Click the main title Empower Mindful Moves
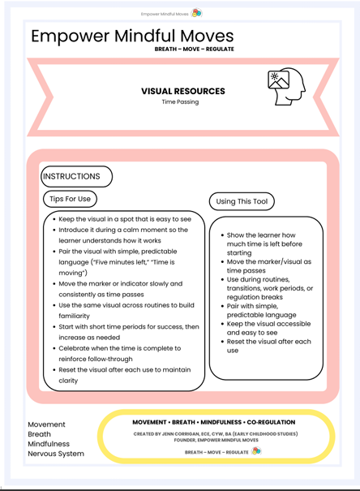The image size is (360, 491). tap(132, 36)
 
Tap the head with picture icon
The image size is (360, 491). tap(285, 87)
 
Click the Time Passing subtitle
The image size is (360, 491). tap(179, 102)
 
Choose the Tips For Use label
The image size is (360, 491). tap(71, 199)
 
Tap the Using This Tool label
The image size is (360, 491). tap(242, 201)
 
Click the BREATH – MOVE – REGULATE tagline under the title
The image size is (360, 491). tap(194, 50)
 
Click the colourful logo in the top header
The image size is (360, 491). tap(196, 13)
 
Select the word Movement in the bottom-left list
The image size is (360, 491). tap(47, 424)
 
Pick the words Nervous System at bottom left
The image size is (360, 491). tap(56, 454)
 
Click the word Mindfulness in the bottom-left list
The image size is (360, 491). tap(49, 444)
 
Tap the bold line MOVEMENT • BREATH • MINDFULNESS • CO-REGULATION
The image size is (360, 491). tap(214, 422)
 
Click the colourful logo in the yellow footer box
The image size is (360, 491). tap(256, 451)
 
